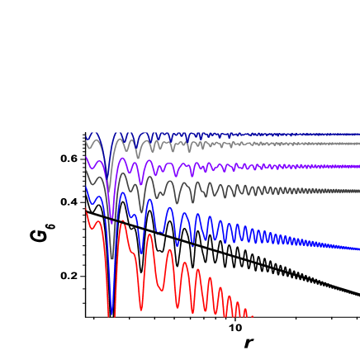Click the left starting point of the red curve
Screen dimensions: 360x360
point(87,209)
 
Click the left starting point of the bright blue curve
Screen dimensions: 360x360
point(87,187)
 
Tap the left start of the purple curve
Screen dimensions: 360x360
point(87,157)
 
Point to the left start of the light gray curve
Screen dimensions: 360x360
point(87,143)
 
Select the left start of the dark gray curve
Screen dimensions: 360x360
point(87,173)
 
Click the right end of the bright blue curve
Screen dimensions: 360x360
point(358,249)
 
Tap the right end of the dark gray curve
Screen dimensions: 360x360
point(358,191)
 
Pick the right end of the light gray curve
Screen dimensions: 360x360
point(358,144)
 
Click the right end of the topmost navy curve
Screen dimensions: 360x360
point(358,134)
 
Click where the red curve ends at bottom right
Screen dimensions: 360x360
point(252,315)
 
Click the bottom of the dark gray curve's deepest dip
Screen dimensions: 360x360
point(112,258)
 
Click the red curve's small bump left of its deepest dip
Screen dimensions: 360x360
point(99,221)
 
